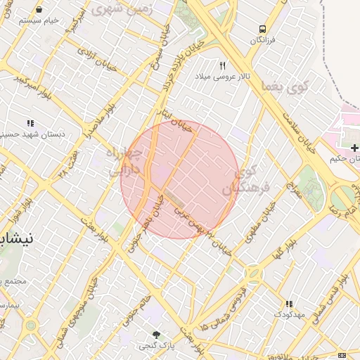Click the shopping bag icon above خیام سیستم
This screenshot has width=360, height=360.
[x=37, y=10]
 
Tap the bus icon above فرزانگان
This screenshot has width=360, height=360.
[x=262, y=30]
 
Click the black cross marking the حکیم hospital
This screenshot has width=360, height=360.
[x=355, y=148]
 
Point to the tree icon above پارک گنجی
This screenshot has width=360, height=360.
[x=157, y=335]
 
